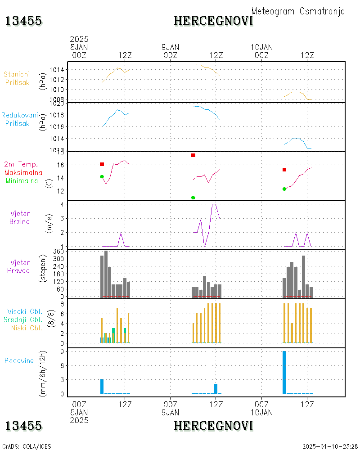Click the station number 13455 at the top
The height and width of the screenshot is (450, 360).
tap(23, 21)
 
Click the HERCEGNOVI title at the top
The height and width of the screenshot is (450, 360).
tap(213, 21)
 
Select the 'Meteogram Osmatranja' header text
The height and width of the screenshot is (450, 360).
tap(298, 11)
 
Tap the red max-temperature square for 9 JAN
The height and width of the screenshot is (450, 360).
tap(193, 155)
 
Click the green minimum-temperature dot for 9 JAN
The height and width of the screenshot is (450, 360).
tap(193, 198)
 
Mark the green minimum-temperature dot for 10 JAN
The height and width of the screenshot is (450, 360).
tap(284, 189)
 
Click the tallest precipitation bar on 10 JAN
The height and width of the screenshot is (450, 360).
tap(284, 372)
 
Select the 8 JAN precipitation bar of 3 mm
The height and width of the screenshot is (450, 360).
tap(102, 386)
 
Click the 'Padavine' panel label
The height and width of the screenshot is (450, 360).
tap(19, 360)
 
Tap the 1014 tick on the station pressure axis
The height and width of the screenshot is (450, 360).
tap(58, 70)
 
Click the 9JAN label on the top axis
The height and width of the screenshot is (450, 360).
tap(170, 47)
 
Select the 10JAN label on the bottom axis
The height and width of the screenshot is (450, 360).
tap(261, 412)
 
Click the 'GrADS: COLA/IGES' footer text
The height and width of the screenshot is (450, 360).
tap(27, 446)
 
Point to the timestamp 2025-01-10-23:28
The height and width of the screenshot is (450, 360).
tap(330, 446)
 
